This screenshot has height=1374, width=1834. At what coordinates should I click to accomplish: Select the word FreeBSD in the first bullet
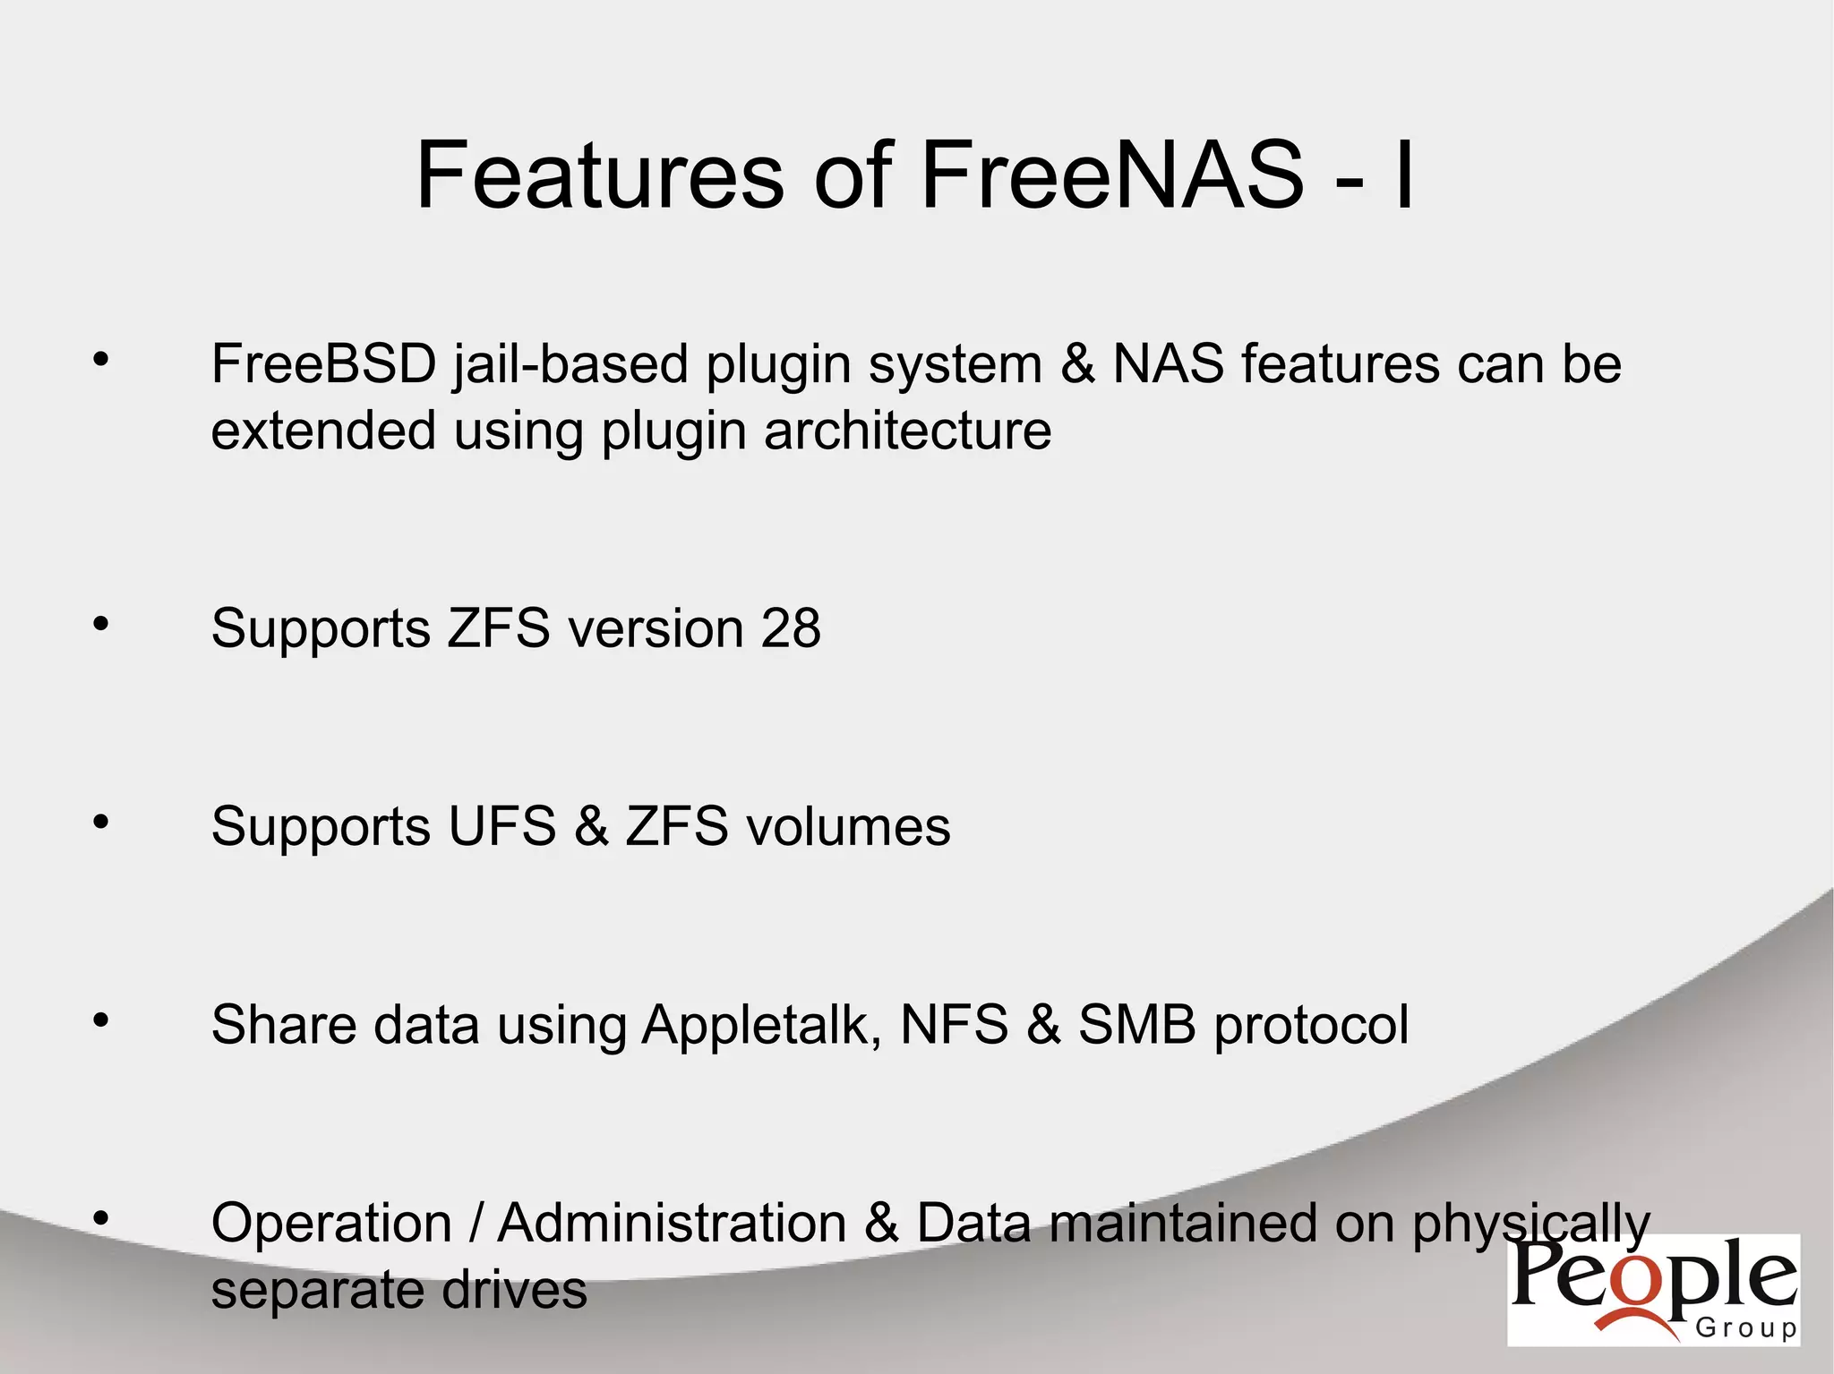point(323,364)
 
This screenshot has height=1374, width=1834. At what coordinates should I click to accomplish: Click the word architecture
point(907,431)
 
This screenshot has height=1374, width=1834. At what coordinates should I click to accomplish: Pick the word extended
point(323,431)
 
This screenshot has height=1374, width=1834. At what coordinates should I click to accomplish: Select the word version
point(656,628)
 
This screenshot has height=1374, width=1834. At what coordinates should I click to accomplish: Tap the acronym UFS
point(501,826)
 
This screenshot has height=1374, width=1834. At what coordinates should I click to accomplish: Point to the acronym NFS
point(954,1025)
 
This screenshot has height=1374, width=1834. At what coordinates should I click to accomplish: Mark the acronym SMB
point(1136,1025)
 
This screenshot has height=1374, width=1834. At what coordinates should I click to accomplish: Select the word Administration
point(672,1223)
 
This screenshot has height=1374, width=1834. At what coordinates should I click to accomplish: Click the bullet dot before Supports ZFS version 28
point(100,624)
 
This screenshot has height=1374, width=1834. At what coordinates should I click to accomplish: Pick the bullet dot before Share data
point(100,1020)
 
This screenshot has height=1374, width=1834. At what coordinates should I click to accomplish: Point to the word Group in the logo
point(1745,1327)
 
